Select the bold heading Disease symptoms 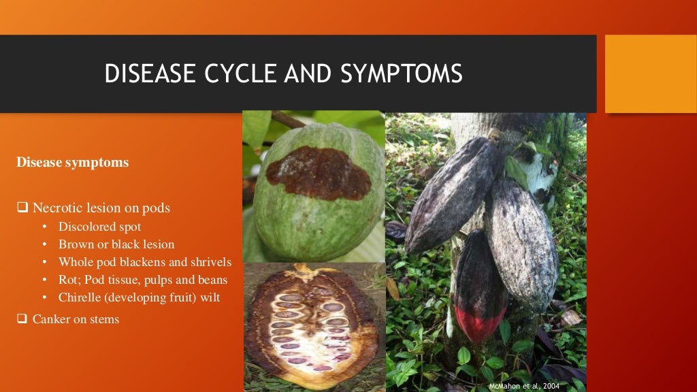(x=72, y=163)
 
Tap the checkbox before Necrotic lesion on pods (x=22, y=208)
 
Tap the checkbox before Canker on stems (x=22, y=318)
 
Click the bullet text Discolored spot (x=99, y=226)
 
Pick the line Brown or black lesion (x=116, y=244)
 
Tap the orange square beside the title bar (x=651, y=73)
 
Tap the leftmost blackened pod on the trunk (x=449, y=194)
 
